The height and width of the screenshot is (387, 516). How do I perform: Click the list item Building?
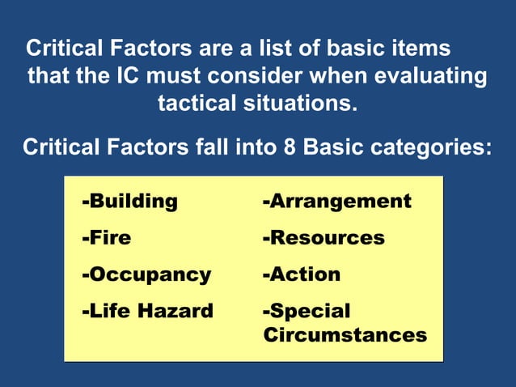pos(129,202)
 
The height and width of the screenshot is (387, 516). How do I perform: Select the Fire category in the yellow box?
pos(106,238)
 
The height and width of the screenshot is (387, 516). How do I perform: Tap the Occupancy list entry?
pos(146,274)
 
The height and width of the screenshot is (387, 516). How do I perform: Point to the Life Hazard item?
pos(147,311)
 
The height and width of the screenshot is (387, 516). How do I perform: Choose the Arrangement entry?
pos(336,202)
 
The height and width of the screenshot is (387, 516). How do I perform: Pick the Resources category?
pos(324,238)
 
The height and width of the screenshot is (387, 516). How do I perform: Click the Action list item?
pos(301,274)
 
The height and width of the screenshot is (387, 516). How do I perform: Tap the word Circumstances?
pos(345,334)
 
